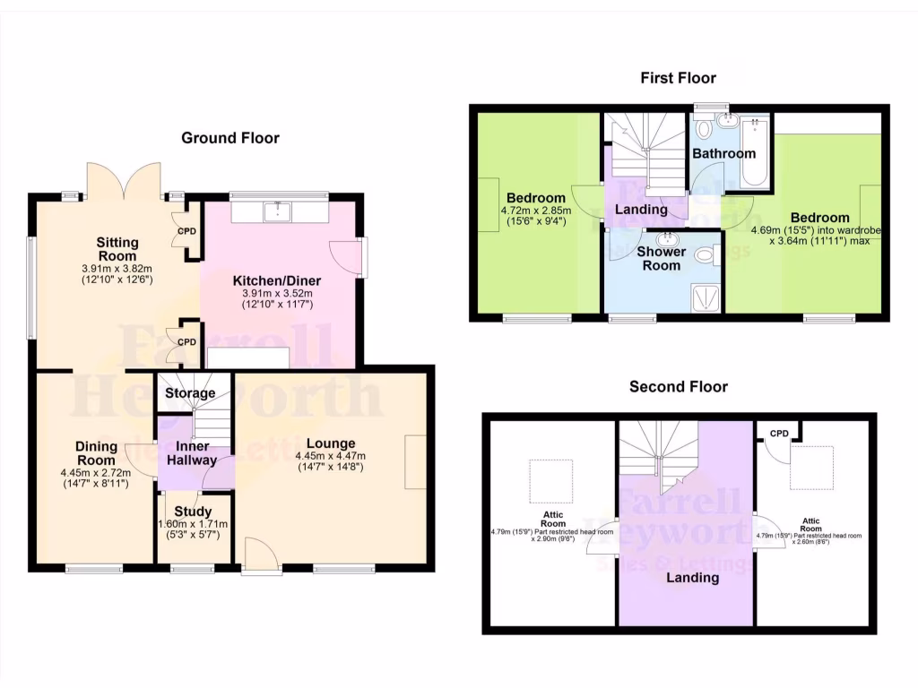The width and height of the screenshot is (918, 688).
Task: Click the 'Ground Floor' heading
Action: [x=230, y=138]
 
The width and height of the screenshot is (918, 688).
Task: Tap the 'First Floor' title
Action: [x=678, y=78]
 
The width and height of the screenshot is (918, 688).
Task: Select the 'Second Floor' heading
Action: [x=678, y=387]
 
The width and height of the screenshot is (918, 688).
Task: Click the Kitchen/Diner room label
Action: [x=282, y=280]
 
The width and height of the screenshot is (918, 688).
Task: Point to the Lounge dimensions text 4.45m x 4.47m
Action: [x=331, y=455]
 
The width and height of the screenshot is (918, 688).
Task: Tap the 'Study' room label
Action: [x=193, y=512]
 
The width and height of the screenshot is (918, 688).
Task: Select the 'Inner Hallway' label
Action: [x=193, y=453]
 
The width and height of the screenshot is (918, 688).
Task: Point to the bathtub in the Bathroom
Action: [x=756, y=152]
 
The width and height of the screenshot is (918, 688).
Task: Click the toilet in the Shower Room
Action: [x=706, y=258]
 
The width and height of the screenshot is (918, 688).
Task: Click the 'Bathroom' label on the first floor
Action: [x=723, y=153]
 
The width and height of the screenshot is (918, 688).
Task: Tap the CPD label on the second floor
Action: [x=779, y=434]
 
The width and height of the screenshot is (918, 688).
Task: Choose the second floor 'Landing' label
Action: [x=692, y=578]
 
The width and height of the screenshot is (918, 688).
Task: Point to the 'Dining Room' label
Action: [x=95, y=453]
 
